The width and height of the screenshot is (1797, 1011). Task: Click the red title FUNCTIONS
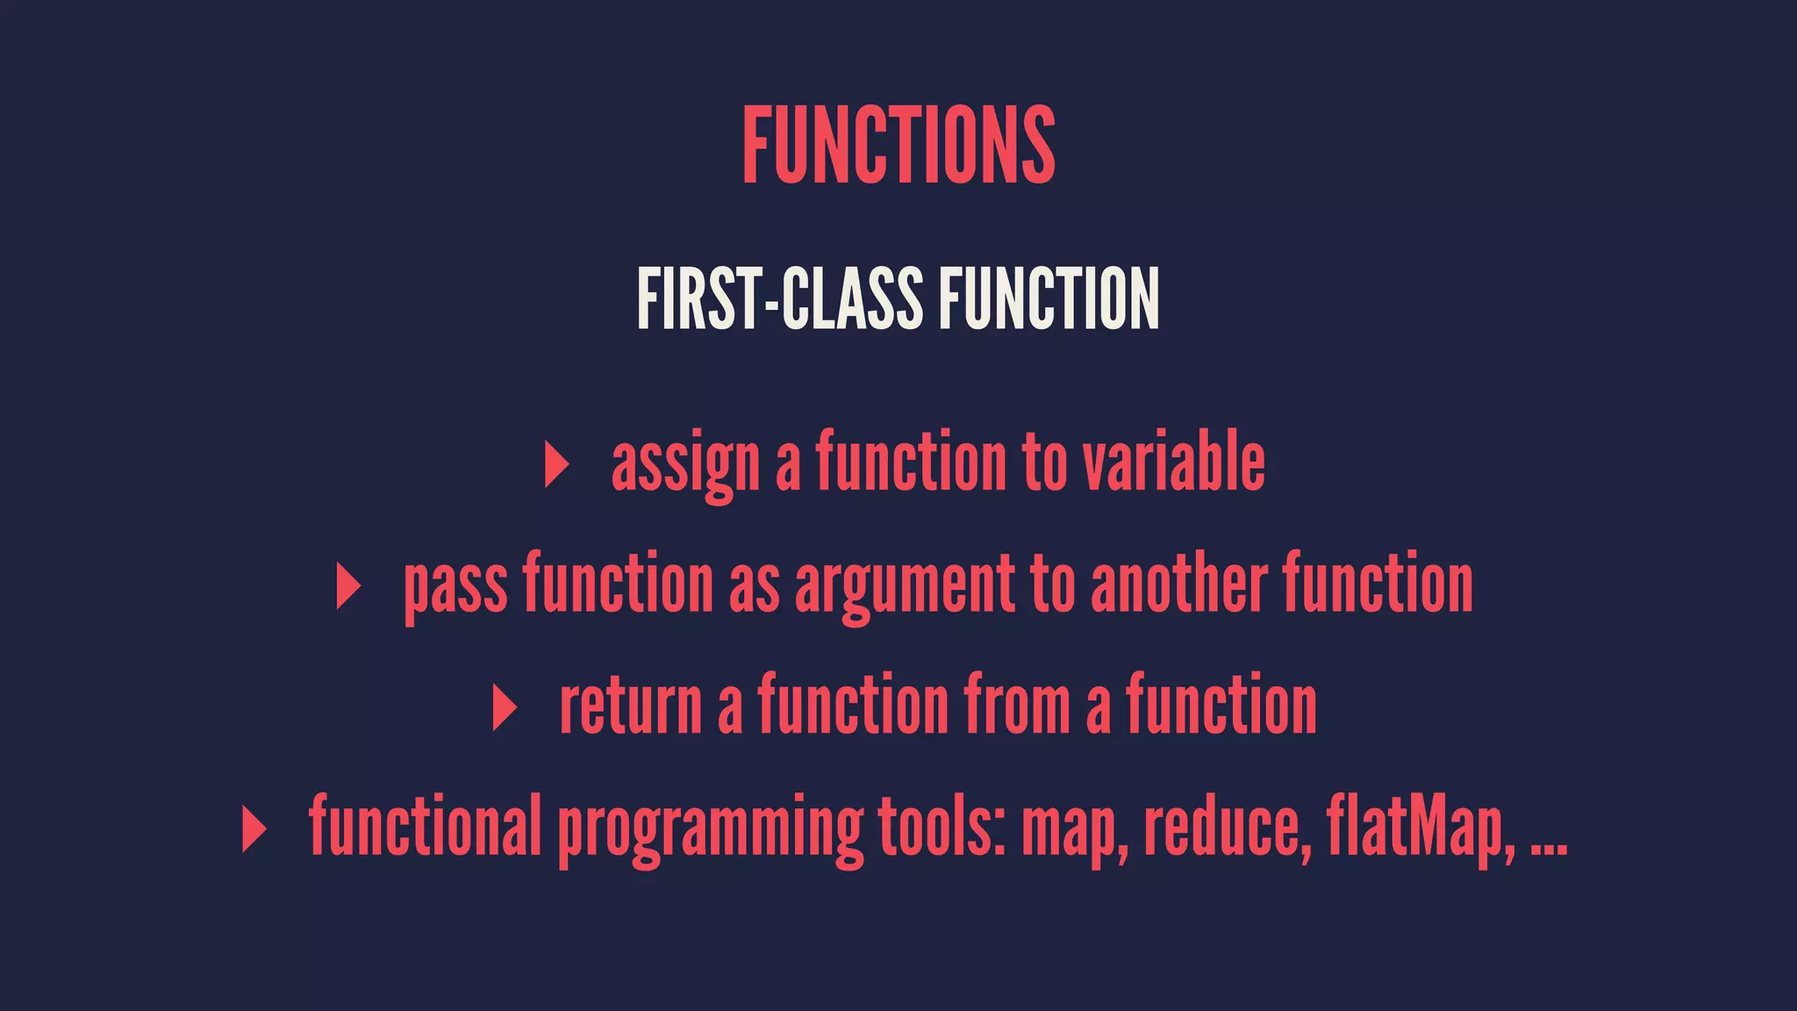(898, 145)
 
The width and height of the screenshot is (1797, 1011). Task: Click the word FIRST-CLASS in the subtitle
(779, 299)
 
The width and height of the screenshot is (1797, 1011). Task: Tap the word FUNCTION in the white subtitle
(1049, 299)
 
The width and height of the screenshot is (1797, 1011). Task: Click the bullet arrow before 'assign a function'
(556, 464)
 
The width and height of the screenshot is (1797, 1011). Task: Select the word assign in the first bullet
(685, 464)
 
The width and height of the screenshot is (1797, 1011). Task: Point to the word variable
(1173, 462)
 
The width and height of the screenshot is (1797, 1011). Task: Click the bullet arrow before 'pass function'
(348, 586)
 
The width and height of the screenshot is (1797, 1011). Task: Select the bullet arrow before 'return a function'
(505, 707)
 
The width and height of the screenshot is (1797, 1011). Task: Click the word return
(631, 707)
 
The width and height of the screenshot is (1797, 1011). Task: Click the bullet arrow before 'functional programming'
(254, 829)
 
